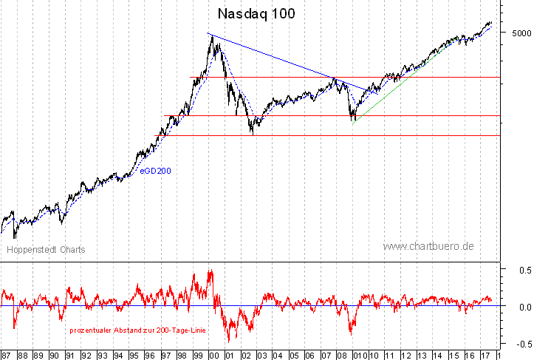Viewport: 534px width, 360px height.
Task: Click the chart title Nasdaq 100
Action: click(x=256, y=14)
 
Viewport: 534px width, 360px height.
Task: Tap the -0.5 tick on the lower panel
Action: click(x=521, y=343)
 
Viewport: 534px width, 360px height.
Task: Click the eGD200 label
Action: click(x=156, y=171)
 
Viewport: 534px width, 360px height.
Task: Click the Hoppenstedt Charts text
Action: click(x=46, y=250)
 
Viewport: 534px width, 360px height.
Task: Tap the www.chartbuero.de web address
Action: click(x=428, y=246)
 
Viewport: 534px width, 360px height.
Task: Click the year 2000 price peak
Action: click(x=213, y=37)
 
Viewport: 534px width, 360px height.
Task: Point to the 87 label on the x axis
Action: click(x=7, y=354)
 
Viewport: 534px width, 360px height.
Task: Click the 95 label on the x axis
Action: click(x=134, y=354)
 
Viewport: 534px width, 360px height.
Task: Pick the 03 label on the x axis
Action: click(x=262, y=354)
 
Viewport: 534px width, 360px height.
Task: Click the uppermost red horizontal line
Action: click(x=332, y=77)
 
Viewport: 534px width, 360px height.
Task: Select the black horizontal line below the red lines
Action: click(x=332, y=135)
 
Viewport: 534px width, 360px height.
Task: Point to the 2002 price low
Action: click(x=253, y=133)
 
